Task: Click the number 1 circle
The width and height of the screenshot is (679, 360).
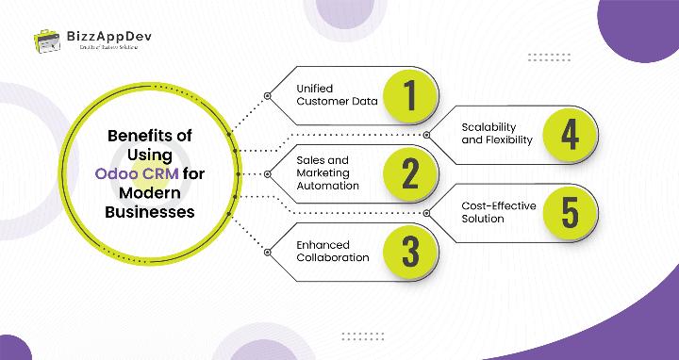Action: pos(409,96)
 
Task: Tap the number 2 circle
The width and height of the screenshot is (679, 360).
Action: pos(409,173)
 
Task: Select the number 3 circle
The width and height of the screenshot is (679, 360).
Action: pos(409,251)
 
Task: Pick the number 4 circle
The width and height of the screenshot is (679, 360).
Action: pos(569,134)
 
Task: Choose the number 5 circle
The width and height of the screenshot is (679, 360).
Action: pos(569,212)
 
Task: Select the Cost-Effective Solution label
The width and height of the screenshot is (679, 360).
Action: pos(496,212)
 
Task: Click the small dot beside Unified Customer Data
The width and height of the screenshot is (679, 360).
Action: pos(268,96)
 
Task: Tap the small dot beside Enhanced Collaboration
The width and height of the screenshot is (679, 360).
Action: pos(268,251)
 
